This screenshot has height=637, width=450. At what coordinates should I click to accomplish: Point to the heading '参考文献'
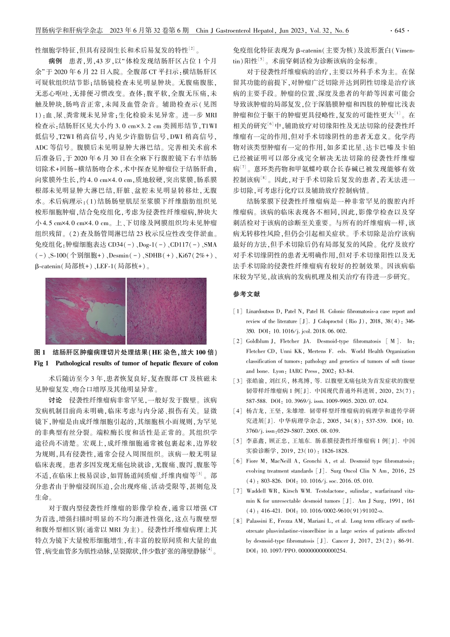246,294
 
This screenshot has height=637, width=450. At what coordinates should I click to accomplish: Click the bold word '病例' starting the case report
55,61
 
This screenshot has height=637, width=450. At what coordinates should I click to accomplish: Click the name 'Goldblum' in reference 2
258,341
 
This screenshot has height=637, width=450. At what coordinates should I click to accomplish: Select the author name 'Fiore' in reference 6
252,462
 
